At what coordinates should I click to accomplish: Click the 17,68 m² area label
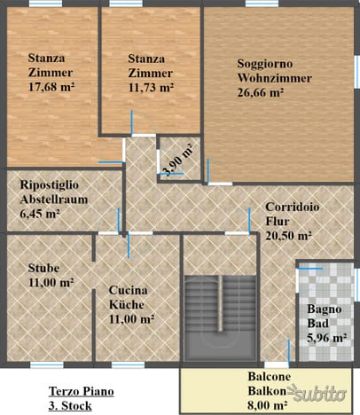(51, 87)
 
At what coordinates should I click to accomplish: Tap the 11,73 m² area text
(151, 88)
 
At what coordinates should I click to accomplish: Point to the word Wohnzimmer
(275, 78)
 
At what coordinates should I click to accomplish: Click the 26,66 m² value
(261, 92)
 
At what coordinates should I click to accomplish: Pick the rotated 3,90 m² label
(177, 160)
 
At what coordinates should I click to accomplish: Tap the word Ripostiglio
(50, 185)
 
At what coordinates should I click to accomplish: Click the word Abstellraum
(54, 200)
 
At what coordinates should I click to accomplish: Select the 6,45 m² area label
(40, 214)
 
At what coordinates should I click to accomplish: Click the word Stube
(43, 268)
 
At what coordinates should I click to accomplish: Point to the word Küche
(127, 304)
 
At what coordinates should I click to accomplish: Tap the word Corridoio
(293, 207)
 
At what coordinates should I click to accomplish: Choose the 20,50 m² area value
(288, 236)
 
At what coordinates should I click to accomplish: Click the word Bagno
(325, 309)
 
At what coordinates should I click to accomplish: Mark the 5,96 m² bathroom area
(326, 338)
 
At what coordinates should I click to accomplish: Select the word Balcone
(270, 377)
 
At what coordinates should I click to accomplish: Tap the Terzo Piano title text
(82, 391)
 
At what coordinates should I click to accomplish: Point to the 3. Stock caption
(70, 406)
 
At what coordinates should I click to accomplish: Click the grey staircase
(220, 318)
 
